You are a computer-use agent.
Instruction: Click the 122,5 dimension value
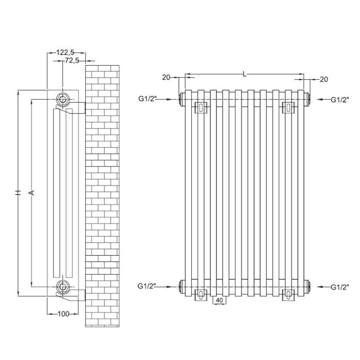(x=65, y=53)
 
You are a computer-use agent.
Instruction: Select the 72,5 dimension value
(x=72, y=61)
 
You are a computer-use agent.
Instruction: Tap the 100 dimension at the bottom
(x=63, y=314)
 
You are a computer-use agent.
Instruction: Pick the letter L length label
(x=245, y=74)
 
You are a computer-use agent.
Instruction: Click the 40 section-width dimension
(x=220, y=300)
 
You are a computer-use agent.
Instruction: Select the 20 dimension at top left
(x=166, y=77)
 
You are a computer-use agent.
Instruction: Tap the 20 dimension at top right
(x=324, y=80)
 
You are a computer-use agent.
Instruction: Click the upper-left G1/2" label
(x=148, y=99)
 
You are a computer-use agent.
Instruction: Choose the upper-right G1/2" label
(x=340, y=99)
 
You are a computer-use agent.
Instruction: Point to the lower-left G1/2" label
(x=147, y=286)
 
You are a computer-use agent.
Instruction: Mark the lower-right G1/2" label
(x=340, y=287)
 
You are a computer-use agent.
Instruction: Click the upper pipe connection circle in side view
(x=62, y=99)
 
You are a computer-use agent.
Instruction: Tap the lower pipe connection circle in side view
(x=62, y=287)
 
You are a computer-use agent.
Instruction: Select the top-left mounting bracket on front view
(x=201, y=108)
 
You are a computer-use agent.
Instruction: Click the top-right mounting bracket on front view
(x=288, y=108)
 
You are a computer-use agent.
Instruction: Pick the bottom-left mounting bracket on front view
(x=201, y=295)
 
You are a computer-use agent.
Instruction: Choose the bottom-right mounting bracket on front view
(x=288, y=295)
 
